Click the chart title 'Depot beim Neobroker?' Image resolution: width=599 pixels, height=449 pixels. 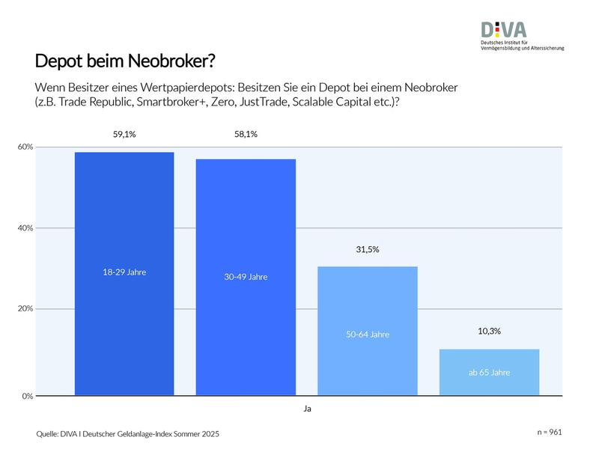129,60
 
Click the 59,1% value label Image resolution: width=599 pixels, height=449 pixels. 124,135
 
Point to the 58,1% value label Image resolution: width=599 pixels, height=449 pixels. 246,135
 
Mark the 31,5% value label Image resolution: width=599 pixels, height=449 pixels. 368,249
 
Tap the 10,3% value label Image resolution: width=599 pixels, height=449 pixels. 489,330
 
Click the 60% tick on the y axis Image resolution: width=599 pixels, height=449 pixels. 25,147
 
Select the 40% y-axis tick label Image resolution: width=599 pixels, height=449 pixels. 25,228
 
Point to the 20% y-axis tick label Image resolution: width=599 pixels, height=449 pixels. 25,309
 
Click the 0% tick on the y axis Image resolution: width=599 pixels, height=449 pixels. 27,396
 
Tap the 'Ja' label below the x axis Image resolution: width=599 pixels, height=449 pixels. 307,409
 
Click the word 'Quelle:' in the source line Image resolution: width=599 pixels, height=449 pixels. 49,434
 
